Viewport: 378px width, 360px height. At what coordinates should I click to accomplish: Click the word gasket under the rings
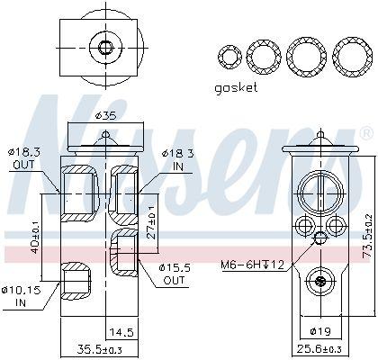coord(236,88)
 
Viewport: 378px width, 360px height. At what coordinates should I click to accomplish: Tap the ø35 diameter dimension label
coord(105,115)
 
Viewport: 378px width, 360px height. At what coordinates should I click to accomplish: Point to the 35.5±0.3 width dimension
coord(100,350)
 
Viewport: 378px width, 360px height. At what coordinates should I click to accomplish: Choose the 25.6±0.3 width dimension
coord(319,349)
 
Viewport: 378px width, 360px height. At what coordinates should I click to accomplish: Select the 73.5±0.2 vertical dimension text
coord(367,236)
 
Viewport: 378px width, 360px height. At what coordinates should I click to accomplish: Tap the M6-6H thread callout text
coord(252,265)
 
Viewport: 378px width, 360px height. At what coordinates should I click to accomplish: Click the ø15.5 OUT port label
coord(175,274)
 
